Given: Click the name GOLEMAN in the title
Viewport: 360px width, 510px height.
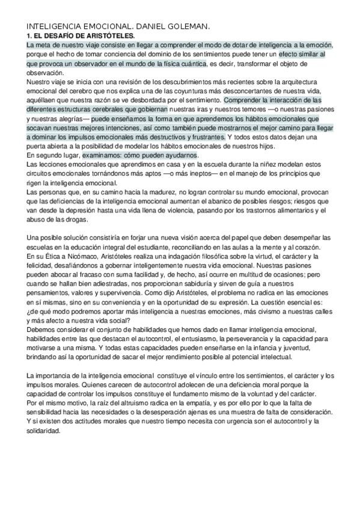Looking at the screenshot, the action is point(191,27).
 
